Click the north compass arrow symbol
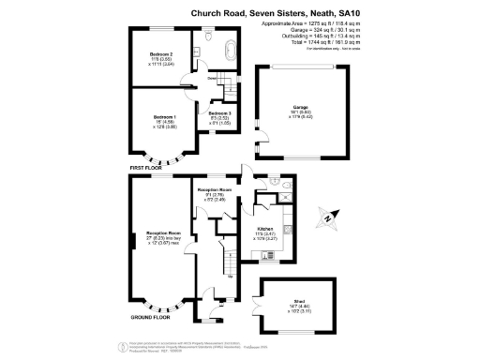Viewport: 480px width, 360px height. pyautogui.click(x=327, y=217)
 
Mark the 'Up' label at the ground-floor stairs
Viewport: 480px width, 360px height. pyautogui.click(x=229, y=277)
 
